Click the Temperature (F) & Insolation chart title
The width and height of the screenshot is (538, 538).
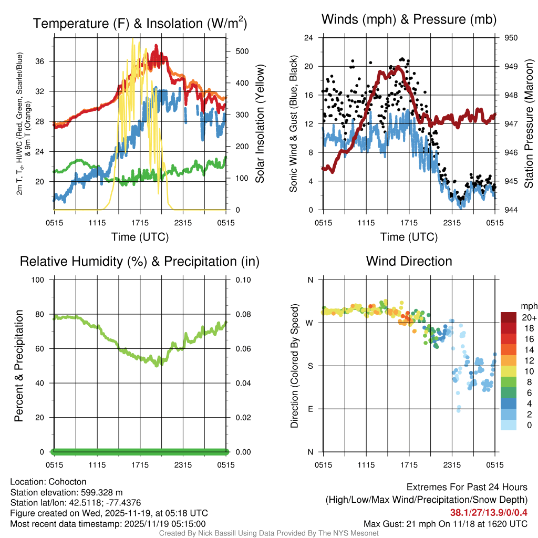click(x=140, y=23)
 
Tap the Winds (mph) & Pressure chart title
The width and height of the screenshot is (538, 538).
click(x=409, y=19)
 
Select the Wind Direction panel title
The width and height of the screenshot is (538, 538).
click(x=409, y=261)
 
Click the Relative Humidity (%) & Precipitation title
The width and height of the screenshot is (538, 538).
click(x=140, y=261)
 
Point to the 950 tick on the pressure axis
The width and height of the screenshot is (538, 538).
click(x=511, y=38)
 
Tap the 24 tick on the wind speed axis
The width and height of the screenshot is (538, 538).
click(x=309, y=38)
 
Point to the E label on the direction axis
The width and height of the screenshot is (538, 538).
click(x=310, y=409)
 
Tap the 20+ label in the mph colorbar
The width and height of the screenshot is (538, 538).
click(x=528, y=317)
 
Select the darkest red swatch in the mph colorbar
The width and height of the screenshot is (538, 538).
click(x=508, y=317)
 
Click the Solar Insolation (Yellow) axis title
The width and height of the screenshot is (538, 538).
click(x=260, y=124)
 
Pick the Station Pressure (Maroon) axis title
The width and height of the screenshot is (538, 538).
click(x=529, y=124)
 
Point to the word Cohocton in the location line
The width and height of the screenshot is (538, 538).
click(x=67, y=482)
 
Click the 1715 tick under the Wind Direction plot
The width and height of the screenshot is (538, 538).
click(x=409, y=464)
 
